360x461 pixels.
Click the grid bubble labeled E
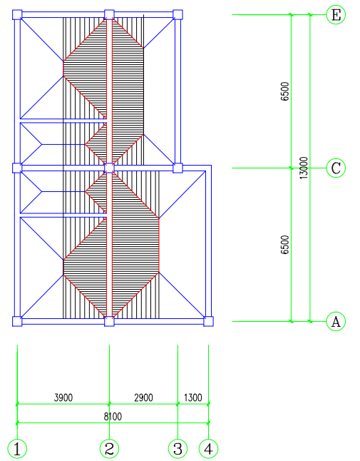(x=336, y=14)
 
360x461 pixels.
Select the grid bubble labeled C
(x=336, y=168)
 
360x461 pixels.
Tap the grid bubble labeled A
(x=336, y=321)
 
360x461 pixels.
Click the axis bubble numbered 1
(x=17, y=449)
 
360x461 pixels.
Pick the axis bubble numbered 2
(x=109, y=449)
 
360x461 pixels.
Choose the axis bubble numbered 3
(x=178, y=449)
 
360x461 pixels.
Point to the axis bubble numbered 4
(x=208, y=449)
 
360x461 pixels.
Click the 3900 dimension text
(x=63, y=397)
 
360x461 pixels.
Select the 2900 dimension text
(x=143, y=397)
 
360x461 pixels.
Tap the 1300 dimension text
(x=193, y=397)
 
